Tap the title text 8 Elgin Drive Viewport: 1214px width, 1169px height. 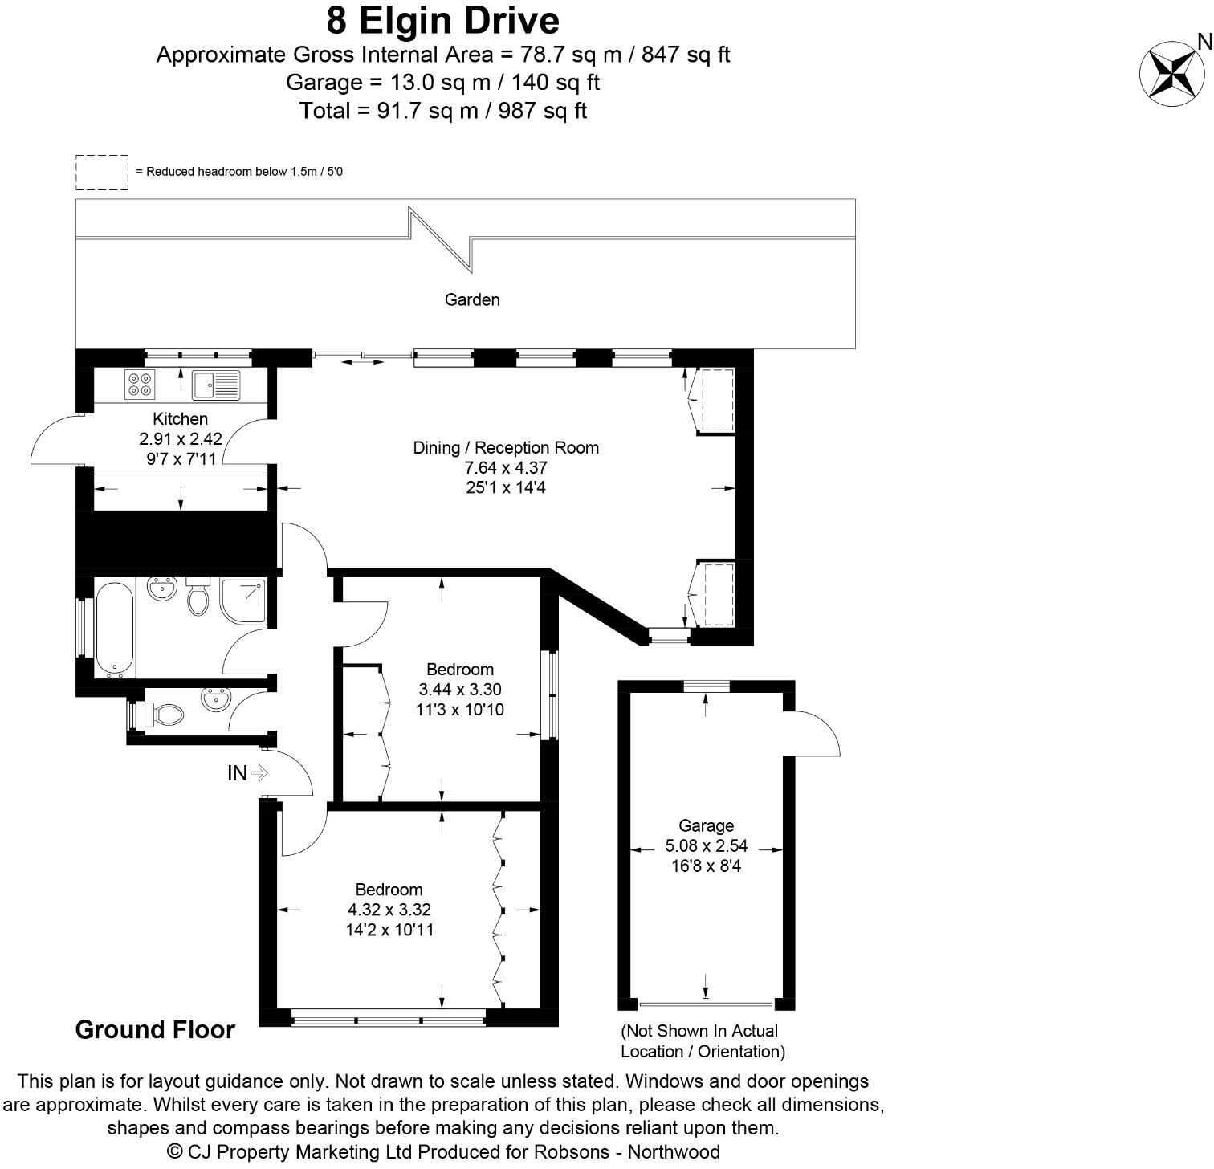tap(442, 20)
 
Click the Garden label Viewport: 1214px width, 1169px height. tap(472, 299)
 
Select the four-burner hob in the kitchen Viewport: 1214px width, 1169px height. tap(141, 385)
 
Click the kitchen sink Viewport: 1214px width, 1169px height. tap(216, 385)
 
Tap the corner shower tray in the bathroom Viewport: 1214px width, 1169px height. tap(243, 601)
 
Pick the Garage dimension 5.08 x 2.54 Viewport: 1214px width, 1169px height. tap(706, 845)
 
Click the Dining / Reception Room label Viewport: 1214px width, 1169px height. tap(506, 448)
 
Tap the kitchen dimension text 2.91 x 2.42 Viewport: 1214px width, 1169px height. tap(180, 439)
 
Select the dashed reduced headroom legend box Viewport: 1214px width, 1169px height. tap(102, 173)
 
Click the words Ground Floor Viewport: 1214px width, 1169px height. tap(155, 1030)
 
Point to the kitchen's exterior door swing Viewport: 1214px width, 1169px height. tap(56, 440)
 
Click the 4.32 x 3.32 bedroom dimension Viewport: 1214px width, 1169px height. tap(389, 910)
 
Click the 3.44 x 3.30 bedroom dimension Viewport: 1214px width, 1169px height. tap(460, 690)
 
